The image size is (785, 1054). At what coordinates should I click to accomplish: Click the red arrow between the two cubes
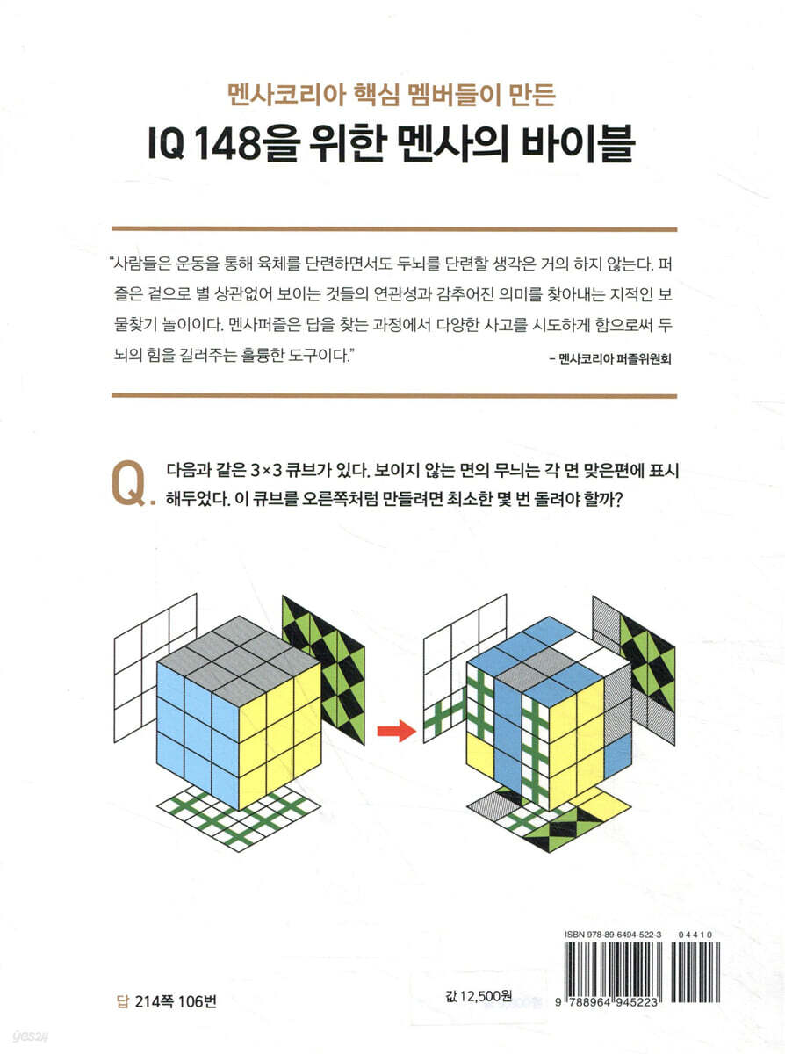click(x=397, y=731)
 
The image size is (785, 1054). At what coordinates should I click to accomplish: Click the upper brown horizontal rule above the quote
click(x=394, y=229)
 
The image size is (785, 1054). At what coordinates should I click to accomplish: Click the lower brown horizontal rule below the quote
click(x=394, y=396)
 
